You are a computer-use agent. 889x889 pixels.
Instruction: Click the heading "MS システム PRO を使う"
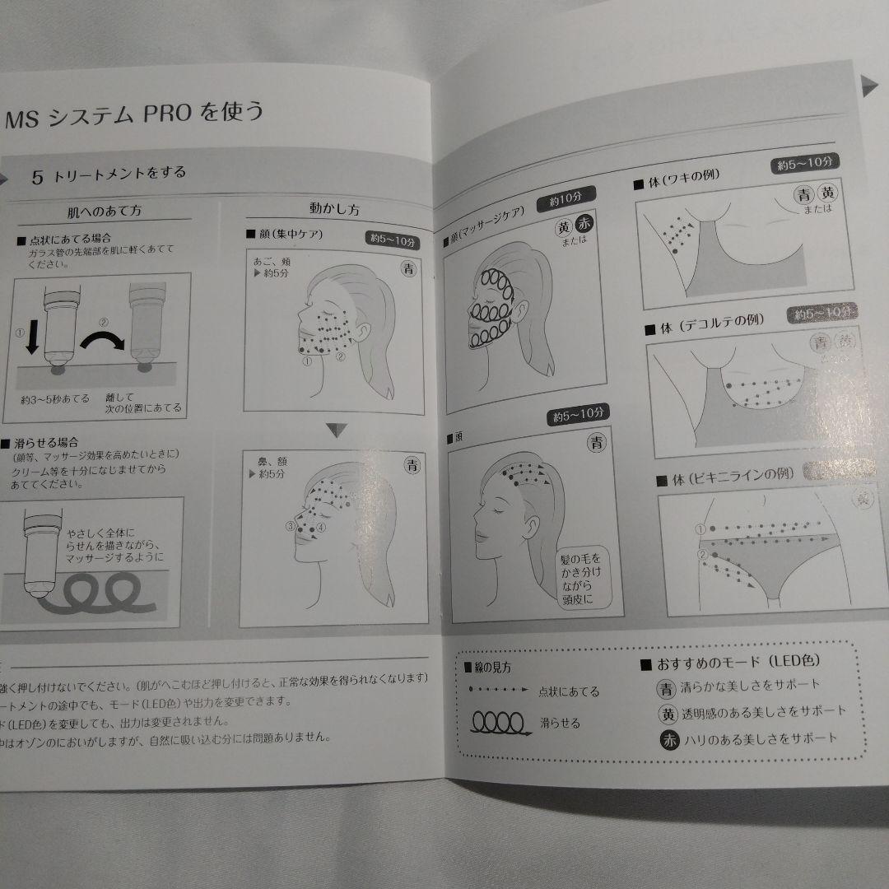[x=136, y=112]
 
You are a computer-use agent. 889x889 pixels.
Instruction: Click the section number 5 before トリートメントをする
[x=38, y=175]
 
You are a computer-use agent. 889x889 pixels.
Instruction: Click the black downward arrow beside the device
[x=30, y=337]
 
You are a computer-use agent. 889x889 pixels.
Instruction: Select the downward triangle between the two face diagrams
[x=333, y=430]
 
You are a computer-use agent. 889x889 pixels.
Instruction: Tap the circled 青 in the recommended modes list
[x=664, y=685]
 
